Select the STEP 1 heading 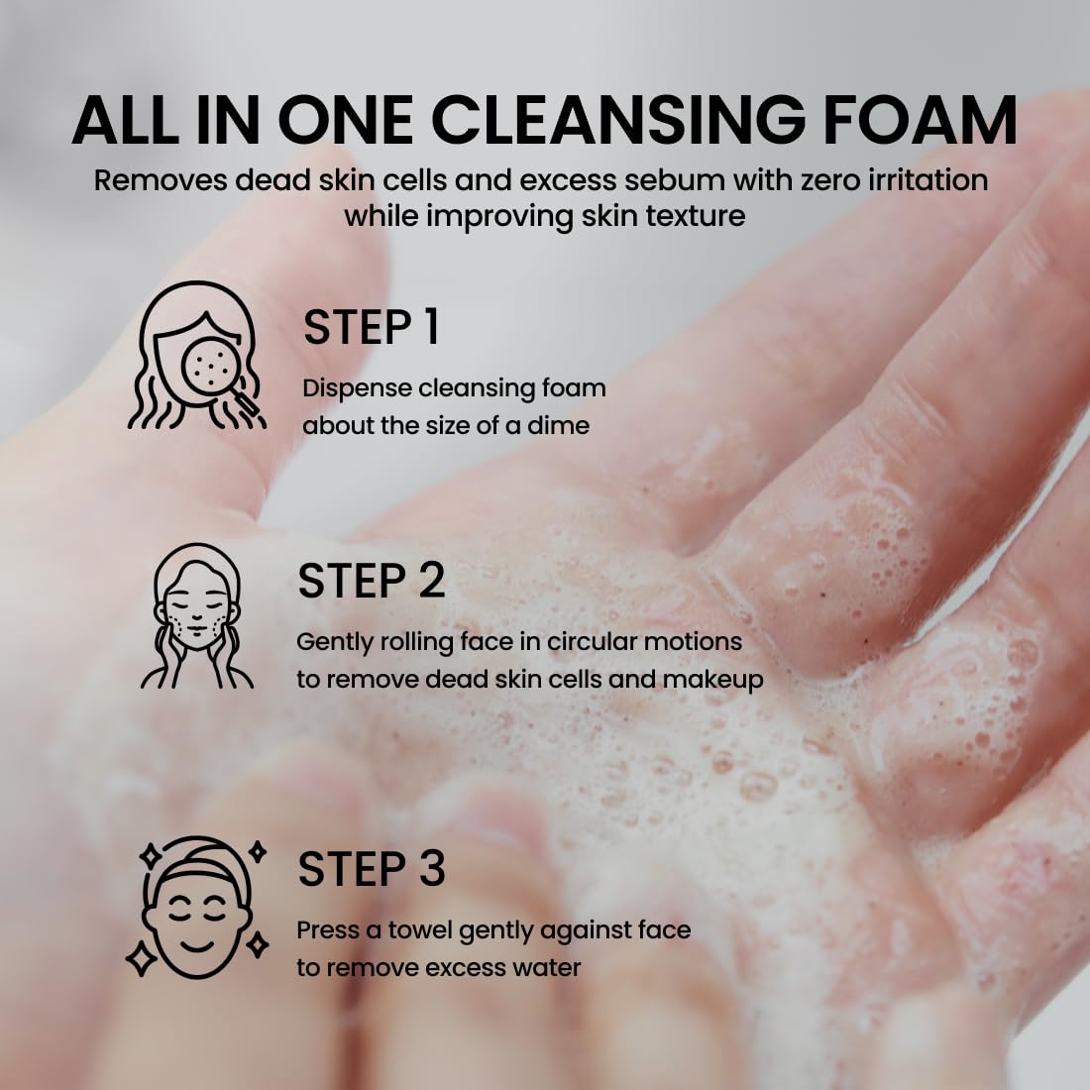[371, 328]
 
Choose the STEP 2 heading [371, 582]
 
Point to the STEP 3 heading [371, 869]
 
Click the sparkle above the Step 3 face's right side [258, 850]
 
